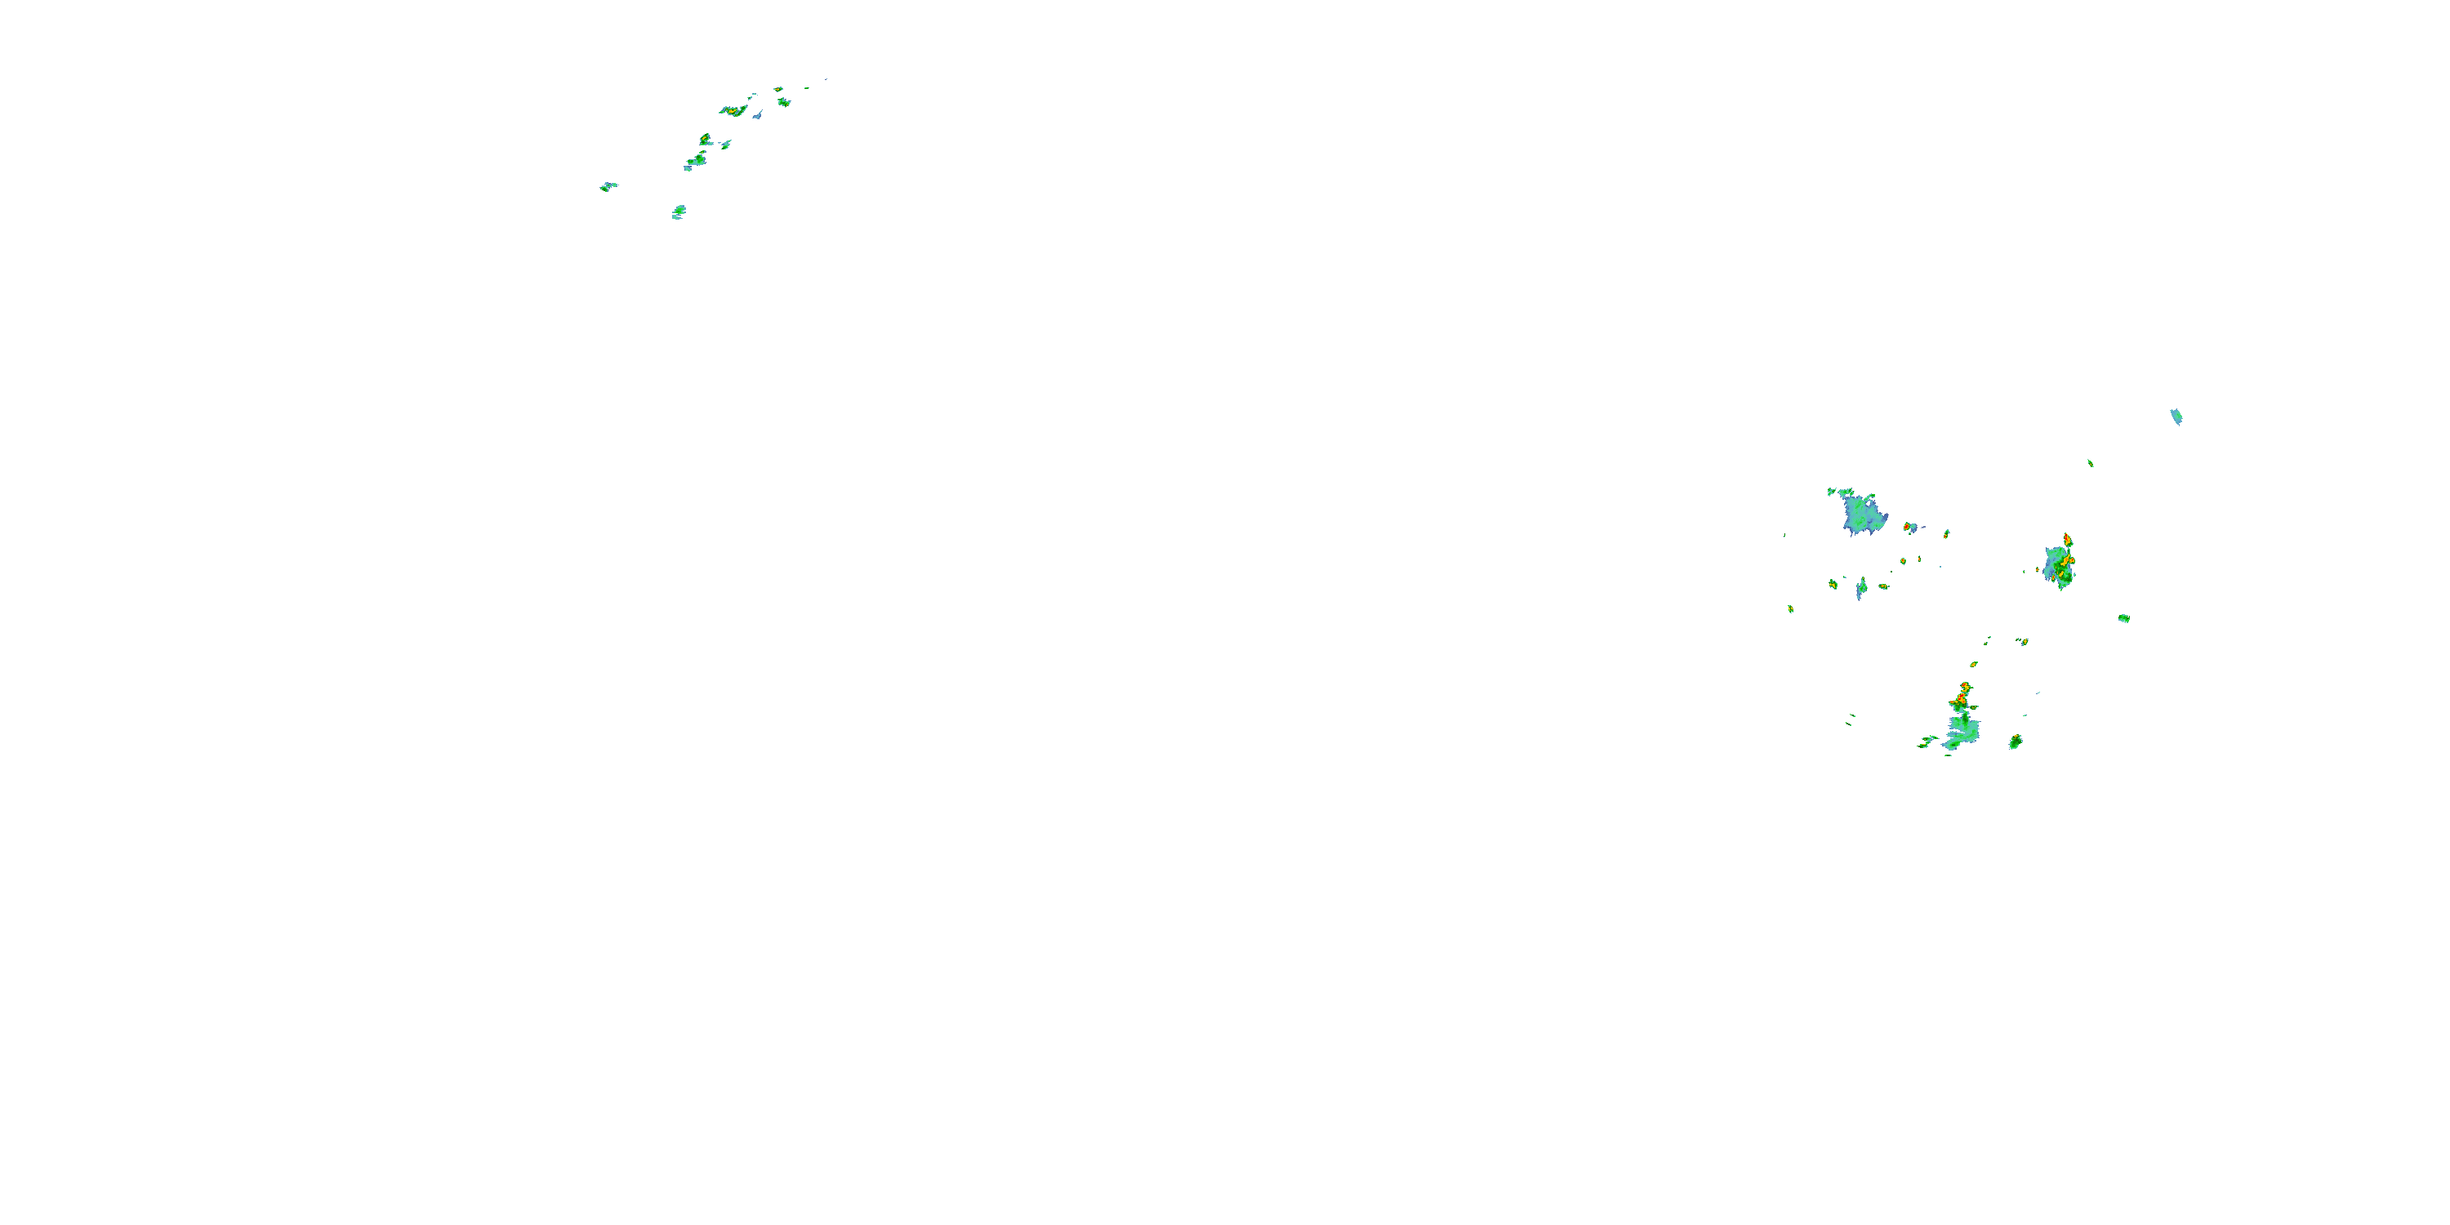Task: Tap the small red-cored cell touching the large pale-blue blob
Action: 1908,527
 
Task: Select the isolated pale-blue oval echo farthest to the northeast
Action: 2175,416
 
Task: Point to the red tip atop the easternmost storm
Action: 2067,539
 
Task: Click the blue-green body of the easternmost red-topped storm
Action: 2057,567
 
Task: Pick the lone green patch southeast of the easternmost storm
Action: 2124,618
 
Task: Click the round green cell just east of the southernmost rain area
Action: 2015,742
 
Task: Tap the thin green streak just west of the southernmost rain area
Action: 1927,741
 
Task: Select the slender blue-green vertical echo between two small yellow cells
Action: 1861,589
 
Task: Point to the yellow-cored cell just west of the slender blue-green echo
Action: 1833,584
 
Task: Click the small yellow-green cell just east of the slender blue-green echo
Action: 1883,587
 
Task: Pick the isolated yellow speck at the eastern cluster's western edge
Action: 1790,608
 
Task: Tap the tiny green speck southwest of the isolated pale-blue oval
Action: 2090,463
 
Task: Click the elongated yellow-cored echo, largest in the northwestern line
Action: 733,110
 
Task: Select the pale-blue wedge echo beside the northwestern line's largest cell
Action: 758,115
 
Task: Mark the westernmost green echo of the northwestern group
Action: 608,186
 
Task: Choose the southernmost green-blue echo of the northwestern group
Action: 678,212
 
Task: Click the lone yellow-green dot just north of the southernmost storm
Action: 1974,664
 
